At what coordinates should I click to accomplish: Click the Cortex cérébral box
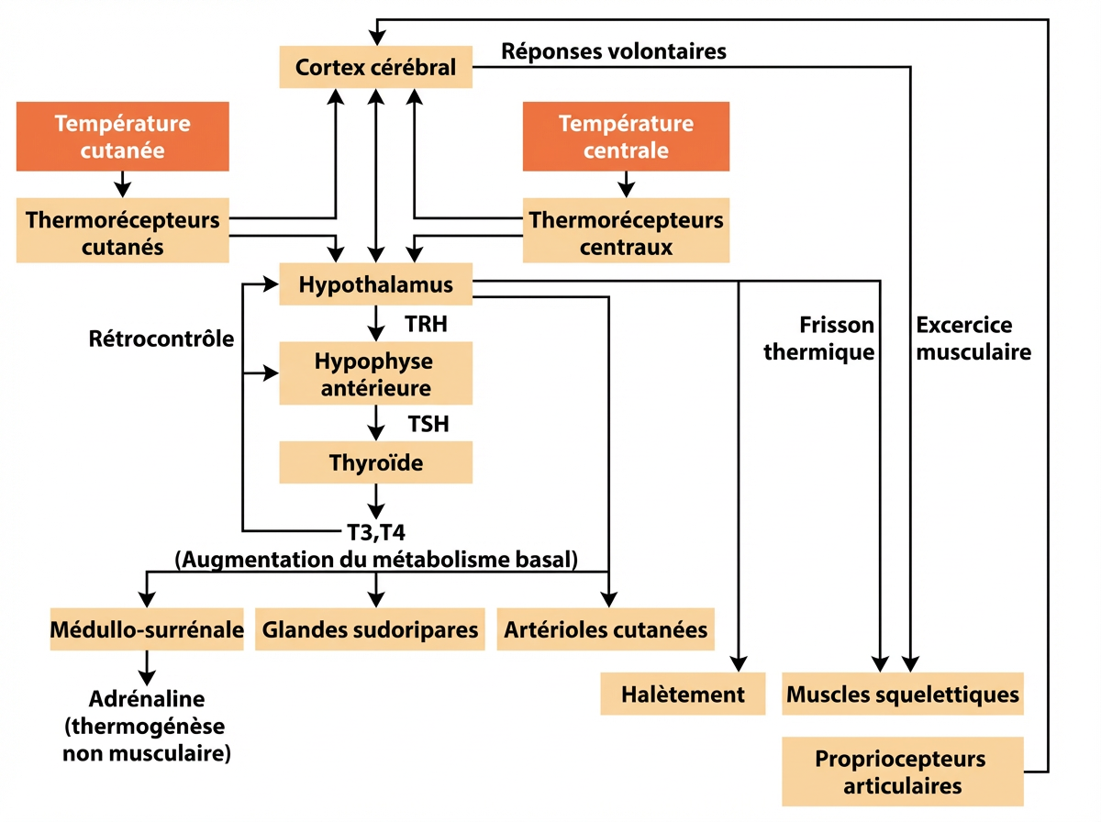376,68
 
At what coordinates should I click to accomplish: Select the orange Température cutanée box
122,136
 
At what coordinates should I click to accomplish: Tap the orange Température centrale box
626,136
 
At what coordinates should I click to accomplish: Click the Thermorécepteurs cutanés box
122,233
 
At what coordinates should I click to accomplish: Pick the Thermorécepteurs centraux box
626,233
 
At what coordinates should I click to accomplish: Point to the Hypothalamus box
376,284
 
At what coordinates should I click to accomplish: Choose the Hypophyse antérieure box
376,373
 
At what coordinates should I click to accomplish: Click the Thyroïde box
376,462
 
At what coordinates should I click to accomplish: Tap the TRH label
425,324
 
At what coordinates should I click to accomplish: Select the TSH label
428,424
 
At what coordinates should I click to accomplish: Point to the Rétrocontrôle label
161,339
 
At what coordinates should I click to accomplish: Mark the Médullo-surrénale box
147,629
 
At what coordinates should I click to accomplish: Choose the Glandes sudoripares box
370,629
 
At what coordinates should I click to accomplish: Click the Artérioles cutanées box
606,629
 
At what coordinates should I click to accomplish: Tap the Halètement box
683,694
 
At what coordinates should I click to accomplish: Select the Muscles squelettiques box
903,694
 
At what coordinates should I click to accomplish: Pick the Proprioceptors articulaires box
902,772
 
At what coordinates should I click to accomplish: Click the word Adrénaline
147,700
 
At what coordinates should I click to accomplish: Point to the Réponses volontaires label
614,51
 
